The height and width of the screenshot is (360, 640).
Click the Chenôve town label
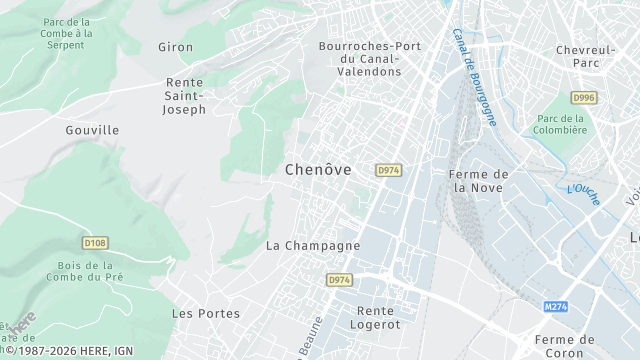pyautogui.click(x=318, y=170)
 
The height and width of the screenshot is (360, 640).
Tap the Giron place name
pyautogui.click(x=175, y=47)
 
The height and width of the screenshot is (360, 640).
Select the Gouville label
pyautogui.click(x=92, y=130)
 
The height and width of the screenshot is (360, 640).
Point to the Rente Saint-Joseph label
pyautogui.click(x=185, y=96)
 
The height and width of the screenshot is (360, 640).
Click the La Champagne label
pyautogui.click(x=313, y=245)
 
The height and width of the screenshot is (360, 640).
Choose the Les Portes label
pyautogui.click(x=206, y=313)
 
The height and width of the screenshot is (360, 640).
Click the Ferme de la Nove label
pyautogui.click(x=480, y=180)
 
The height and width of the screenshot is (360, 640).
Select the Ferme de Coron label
pyautogui.click(x=564, y=346)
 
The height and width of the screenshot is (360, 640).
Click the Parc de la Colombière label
pyautogui.click(x=559, y=124)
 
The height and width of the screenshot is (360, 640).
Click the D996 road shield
pyautogui.click(x=584, y=97)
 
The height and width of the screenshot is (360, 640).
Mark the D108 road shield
pyautogui.click(x=95, y=242)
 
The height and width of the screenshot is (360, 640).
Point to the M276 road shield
pyautogui.click(x=556, y=306)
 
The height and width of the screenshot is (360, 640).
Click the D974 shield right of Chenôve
pyautogui.click(x=389, y=171)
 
